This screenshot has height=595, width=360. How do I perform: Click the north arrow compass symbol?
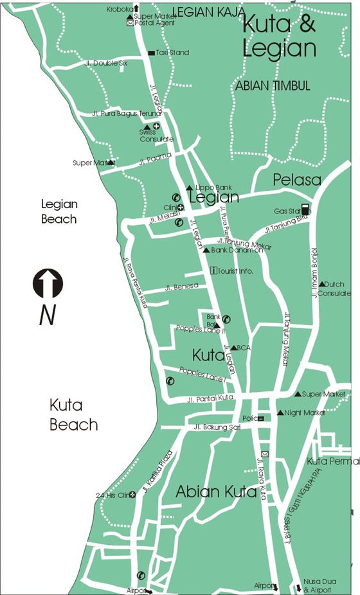tap(48, 283)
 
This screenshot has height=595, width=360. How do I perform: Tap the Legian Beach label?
tap(59, 211)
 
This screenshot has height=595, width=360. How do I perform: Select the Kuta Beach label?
tap(74, 414)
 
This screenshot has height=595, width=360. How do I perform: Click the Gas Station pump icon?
tap(305, 210)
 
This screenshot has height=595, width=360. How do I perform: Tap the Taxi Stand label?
tap(172, 53)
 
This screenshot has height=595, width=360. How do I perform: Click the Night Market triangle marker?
tap(280, 413)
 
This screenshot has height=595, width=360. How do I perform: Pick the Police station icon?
tap(260, 418)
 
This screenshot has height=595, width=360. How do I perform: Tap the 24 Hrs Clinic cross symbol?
tap(132, 495)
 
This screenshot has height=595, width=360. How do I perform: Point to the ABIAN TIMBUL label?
tap(273, 85)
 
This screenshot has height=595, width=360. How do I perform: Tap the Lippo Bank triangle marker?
tap(189, 188)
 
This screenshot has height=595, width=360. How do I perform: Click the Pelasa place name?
tap(296, 180)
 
